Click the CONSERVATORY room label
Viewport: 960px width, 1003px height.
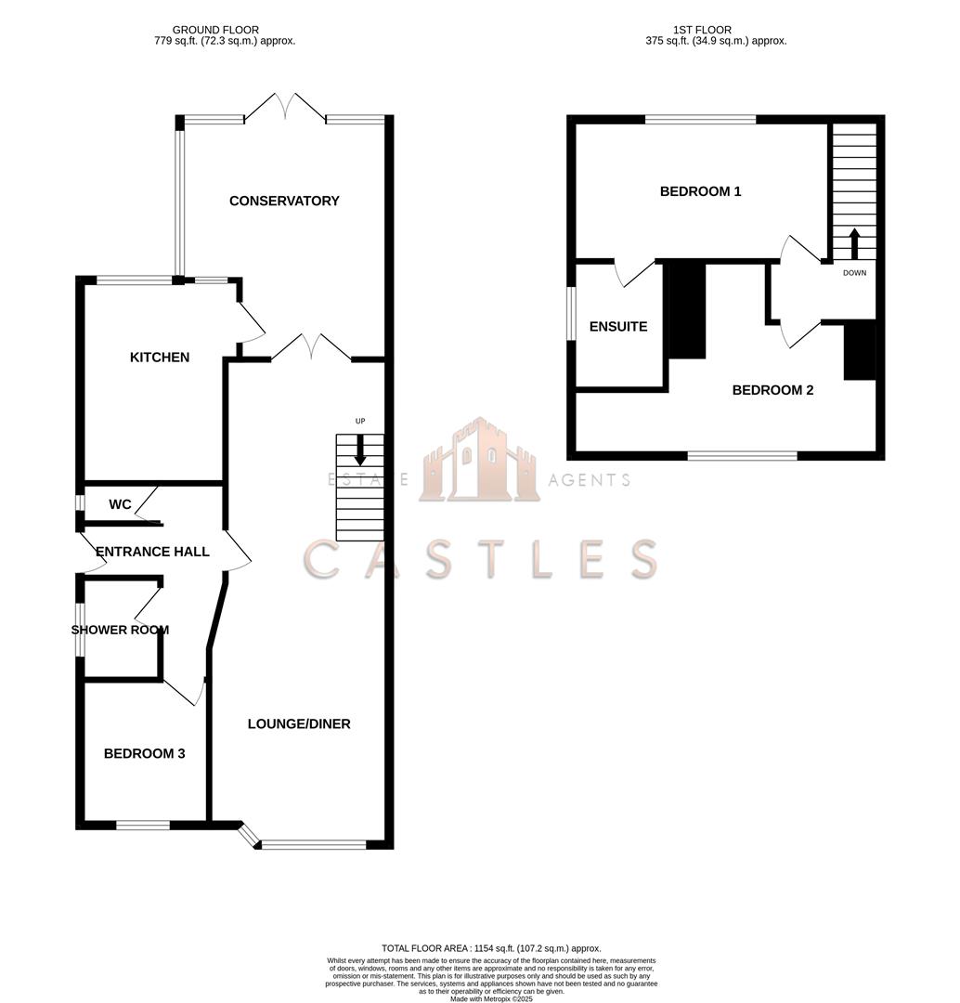click(x=284, y=201)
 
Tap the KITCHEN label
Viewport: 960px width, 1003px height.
click(x=160, y=358)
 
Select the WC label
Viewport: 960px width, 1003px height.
click(x=120, y=504)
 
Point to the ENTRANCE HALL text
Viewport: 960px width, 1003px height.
click(x=152, y=552)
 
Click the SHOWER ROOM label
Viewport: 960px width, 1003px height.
click(x=120, y=630)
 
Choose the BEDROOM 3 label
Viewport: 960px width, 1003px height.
click(x=144, y=753)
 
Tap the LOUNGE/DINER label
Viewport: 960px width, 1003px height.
click(x=299, y=723)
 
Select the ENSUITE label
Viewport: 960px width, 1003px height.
click(x=618, y=327)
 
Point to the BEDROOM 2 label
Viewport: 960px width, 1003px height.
click(x=772, y=390)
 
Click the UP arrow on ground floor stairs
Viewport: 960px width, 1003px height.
click(x=360, y=451)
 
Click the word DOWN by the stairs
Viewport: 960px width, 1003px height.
click(x=854, y=273)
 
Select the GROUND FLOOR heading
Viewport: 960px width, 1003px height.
click(x=215, y=30)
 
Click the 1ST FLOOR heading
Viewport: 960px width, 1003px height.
click(x=715, y=30)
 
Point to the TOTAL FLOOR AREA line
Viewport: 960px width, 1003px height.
click(x=491, y=947)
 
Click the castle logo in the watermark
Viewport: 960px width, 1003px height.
click(x=479, y=461)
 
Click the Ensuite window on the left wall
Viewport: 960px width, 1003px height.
click(x=572, y=312)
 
